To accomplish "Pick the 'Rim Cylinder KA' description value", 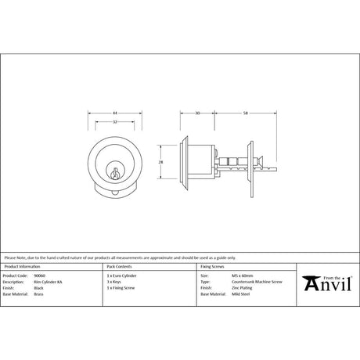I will pos(45,282).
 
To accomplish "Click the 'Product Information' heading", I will pos(21,268).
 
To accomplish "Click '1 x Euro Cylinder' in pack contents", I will pos(121,275).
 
